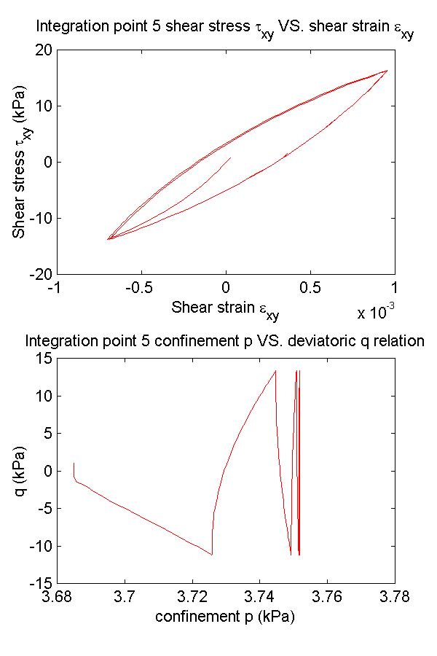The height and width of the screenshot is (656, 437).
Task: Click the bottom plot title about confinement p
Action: click(x=224, y=340)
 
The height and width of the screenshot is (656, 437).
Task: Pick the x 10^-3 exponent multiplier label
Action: click(x=376, y=313)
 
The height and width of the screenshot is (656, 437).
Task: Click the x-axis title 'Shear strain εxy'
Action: click(x=225, y=309)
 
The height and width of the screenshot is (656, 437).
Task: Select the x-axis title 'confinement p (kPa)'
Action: click(x=224, y=617)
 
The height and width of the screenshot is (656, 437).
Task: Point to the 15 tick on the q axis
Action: click(x=43, y=358)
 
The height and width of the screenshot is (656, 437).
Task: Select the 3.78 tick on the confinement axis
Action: click(x=395, y=598)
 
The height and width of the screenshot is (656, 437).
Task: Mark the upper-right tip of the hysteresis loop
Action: click(x=387, y=70)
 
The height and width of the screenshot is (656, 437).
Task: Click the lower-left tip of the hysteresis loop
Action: click(x=108, y=239)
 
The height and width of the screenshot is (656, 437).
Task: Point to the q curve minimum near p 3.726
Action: click(x=212, y=555)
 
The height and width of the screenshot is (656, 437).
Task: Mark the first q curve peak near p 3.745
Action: click(x=275, y=370)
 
